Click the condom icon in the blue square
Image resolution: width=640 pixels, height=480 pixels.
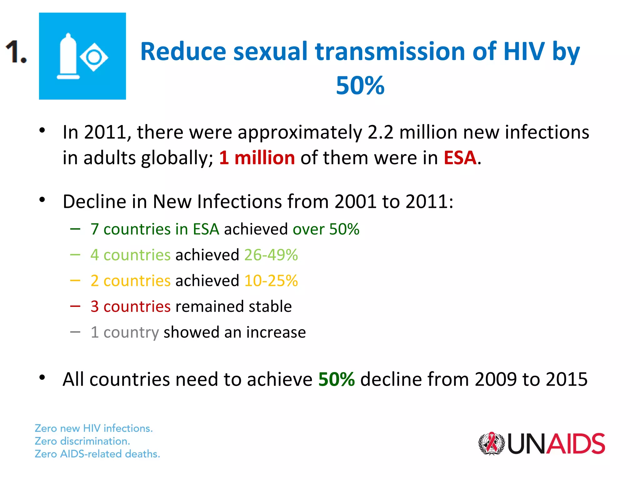coord(68,56)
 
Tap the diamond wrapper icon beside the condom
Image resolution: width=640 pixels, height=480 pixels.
coord(94,57)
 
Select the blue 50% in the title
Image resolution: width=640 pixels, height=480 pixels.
coord(360,85)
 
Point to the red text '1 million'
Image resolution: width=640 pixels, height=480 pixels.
coord(257,157)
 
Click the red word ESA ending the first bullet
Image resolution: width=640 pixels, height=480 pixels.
coord(460,157)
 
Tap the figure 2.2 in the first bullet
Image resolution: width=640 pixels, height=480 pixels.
coord(381,132)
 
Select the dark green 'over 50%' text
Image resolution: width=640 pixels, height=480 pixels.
coord(326,229)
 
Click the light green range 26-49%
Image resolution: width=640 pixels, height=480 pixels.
coord(271,255)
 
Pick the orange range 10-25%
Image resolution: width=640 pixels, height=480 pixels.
coord(271,281)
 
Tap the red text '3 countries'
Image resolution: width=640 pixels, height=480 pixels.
coord(131,306)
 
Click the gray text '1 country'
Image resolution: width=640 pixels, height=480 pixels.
coord(125,332)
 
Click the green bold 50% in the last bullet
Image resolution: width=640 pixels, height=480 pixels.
coord(337,379)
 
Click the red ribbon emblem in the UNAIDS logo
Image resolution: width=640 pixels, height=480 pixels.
coord(492,443)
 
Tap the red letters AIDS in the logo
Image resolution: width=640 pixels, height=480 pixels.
coord(576,443)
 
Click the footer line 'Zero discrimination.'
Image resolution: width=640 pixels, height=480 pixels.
coord(82,441)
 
